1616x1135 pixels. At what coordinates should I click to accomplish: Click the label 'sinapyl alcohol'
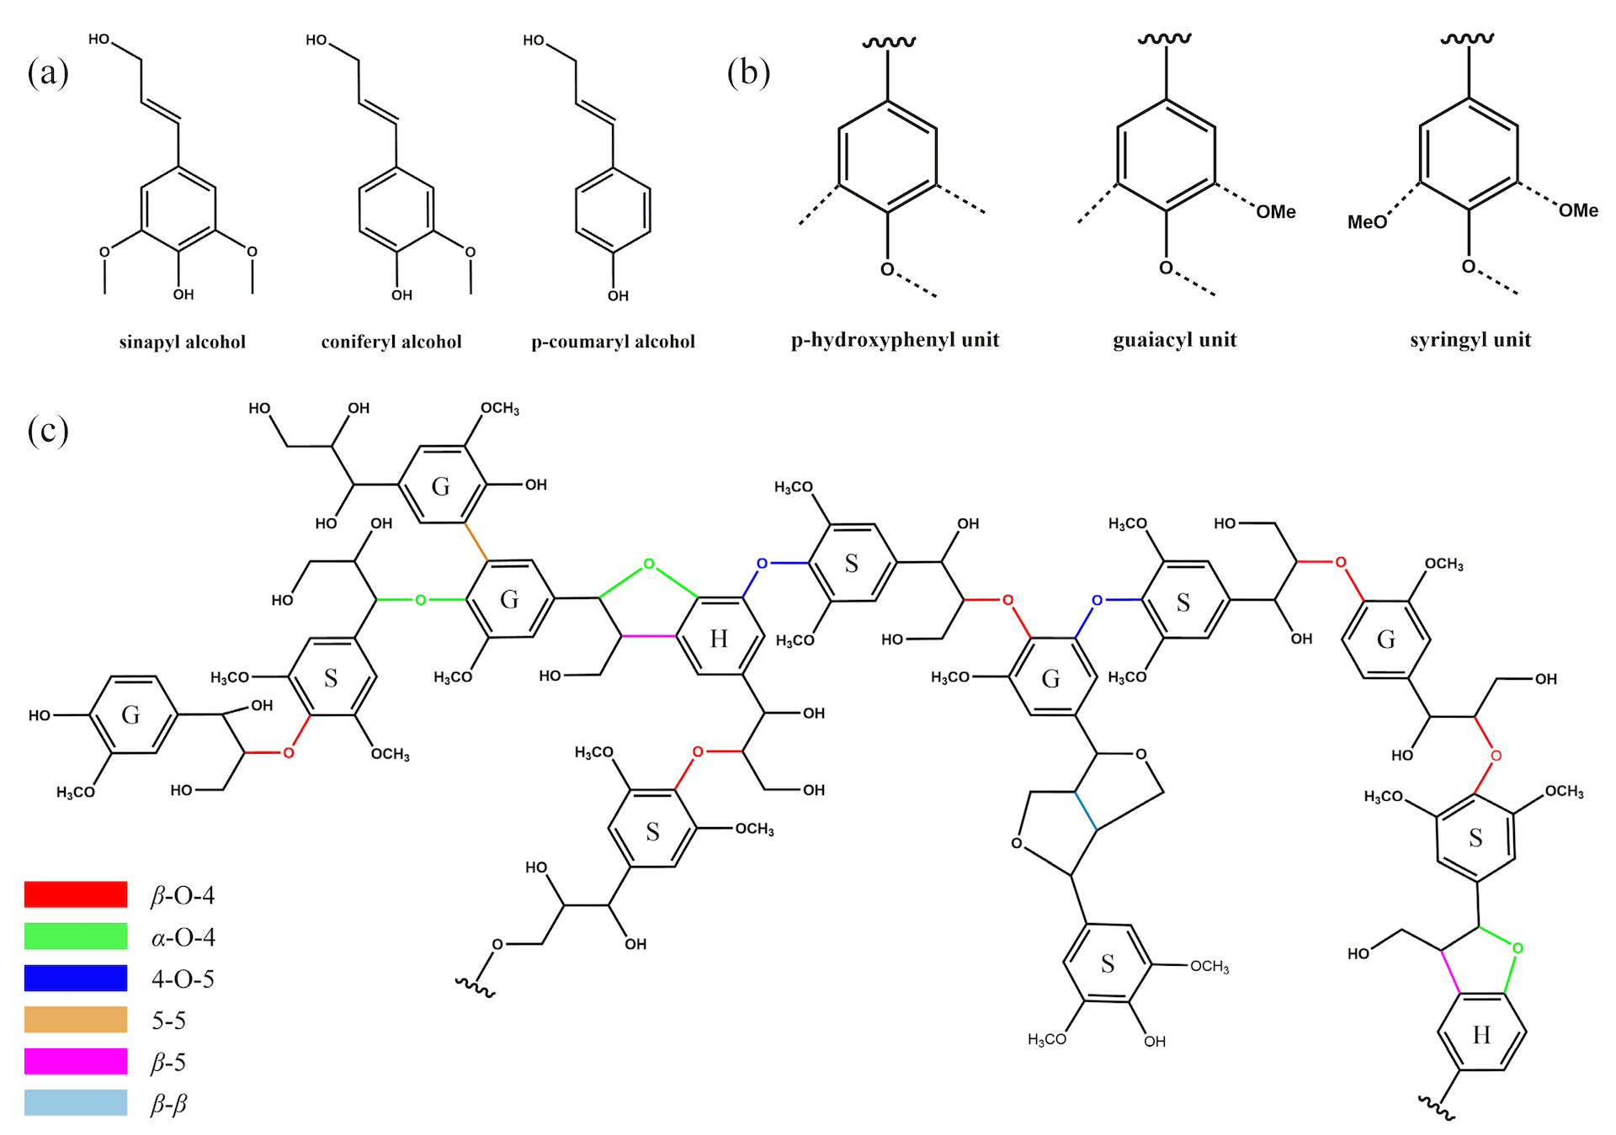pyautogui.click(x=183, y=342)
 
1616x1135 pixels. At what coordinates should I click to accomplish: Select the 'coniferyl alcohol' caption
pyautogui.click(x=391, y=342)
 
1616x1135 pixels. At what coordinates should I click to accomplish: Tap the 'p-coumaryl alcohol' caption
pyautogui.click(x=614, y=342)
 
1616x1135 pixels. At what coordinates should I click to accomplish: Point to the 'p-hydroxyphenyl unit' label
pyautogui.click(x=896, y=340)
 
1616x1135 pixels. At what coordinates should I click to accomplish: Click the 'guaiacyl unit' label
pyautogui.click(x=1175, y=340)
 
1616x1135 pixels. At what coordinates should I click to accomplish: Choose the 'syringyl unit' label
pyautogui.click(x=1470, y=340)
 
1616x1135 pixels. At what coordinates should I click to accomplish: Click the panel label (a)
pyautogui.click(x=48, y=72)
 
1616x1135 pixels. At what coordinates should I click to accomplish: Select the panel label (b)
pyautogui.click(x=748, y=72)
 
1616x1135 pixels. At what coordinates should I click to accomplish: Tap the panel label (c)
pyautogui.click(x=48, y=431)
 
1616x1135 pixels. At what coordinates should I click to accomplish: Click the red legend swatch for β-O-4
pyautogui.click(x=76, y=894)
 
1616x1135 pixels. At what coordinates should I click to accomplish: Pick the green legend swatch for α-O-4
pyautogui.click(x=76, y=936)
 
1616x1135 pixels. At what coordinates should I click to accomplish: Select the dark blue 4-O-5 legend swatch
pyautogui.click(x=76, y=978)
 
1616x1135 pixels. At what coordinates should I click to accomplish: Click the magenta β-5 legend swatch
pyautogui.click(x=76, y=1061)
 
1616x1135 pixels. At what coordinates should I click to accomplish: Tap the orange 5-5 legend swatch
pyautogui.click(x=76, y=1020)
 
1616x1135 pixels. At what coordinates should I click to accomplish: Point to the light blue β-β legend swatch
pyautogui.click(x=76, y=1103)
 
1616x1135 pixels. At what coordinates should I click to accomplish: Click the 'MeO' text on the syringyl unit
pyautogui.click(x=1367, y=222)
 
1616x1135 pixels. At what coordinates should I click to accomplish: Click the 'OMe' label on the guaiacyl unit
pyautogui.click(x=1276, y=212)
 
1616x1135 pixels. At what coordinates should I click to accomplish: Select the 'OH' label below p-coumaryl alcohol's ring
pyautogui.click(x=618, y=296)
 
